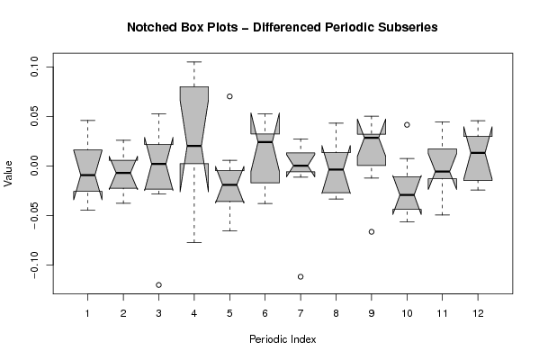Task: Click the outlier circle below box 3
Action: [x=158, y=284]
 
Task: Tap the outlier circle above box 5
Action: [x=229, y=96]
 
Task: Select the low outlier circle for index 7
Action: [x=301, y=276]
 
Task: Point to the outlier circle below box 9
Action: [x=372, y=231]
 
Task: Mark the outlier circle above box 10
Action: [x=407, y=125]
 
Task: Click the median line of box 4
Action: [x=194, y=146]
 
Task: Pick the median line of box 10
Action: [x=407, y=194]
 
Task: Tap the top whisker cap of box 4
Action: [x=194, y=62]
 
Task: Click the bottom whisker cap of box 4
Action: [x=194, y=242]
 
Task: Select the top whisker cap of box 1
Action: [x=87, y=121]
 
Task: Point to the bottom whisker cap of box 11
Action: [x=443, y=214]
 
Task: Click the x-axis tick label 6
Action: [x=265, y=313]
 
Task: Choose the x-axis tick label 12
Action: [x=478, y=313]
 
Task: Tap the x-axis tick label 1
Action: [x=87, y=313]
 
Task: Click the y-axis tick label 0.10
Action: [x=34, y=67]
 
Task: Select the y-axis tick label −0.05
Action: [x=34, y=216]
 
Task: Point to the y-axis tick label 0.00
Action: [x=34, y=166]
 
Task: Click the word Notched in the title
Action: [x=148, y=27]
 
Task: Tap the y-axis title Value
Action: [x=8, y=174]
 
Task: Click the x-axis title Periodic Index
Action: [x=283, y=339]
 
